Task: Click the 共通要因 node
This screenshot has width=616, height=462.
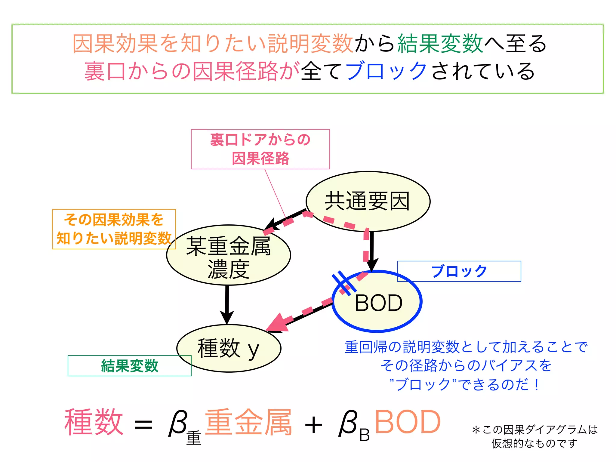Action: pos(368,201)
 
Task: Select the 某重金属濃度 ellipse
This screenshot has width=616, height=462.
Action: pos(228,255)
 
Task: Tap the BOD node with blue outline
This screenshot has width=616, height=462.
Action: pos(378,302)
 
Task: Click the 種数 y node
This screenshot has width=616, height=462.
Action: pos(229,348)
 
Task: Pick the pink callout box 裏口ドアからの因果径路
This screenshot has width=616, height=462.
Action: pos(260,149)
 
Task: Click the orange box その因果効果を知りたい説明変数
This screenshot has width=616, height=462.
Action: pos(114,229)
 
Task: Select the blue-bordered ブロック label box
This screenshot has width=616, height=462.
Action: pos(459,271)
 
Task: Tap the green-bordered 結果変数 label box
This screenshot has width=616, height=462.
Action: pos(129,366)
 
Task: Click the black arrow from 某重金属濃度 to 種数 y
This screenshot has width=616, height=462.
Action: pos(227,304)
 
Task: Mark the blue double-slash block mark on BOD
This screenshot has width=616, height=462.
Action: pos(344,283)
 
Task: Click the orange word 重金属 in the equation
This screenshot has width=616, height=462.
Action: pos(248,422)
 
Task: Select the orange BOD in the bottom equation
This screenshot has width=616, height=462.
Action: pos(408,422)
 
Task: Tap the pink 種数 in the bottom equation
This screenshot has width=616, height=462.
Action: pos(94,422)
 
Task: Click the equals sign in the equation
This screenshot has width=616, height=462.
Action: pos(143,425)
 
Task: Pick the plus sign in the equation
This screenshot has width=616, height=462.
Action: pos(313,425)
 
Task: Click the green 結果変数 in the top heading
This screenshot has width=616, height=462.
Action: pos(440,44)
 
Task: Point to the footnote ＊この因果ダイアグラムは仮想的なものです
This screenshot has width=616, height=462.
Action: pos(534,436)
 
